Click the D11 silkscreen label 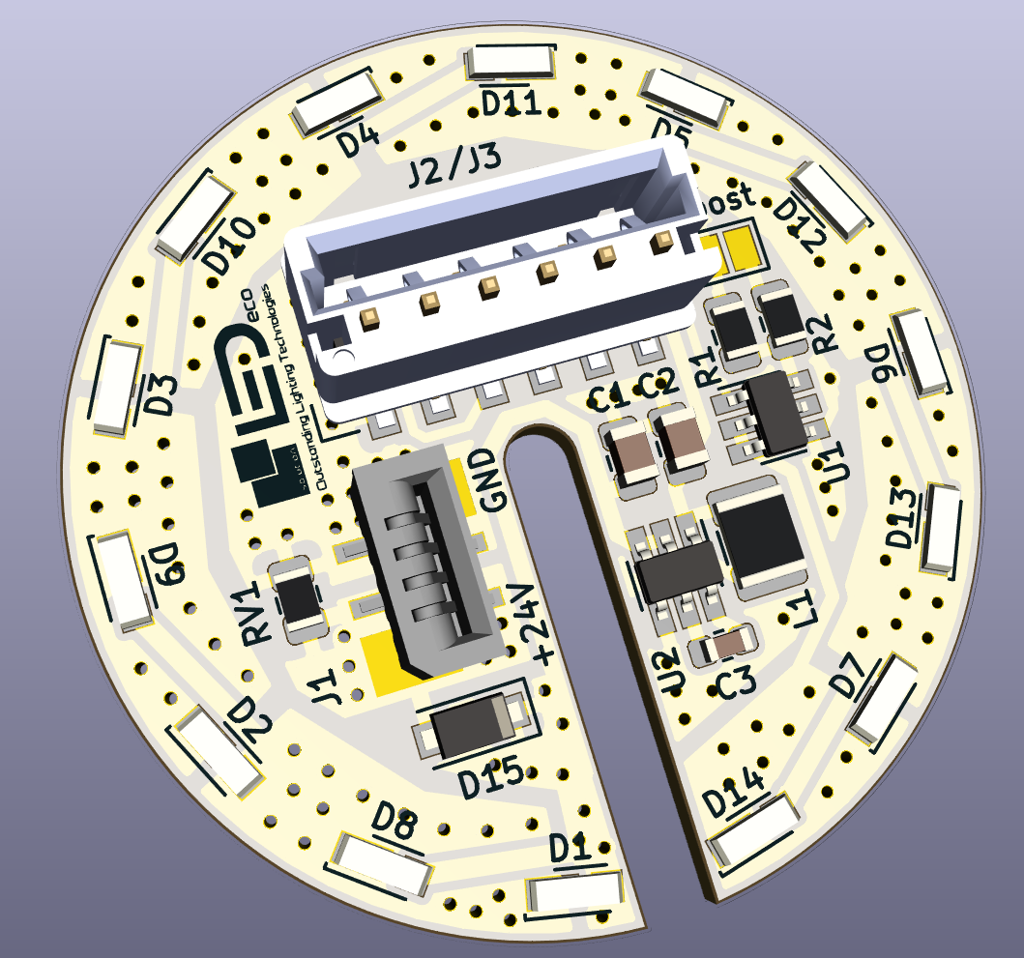[511, 102]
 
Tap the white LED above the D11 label [513, 64]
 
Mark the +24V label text [535, 624]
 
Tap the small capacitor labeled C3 [723, 645]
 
